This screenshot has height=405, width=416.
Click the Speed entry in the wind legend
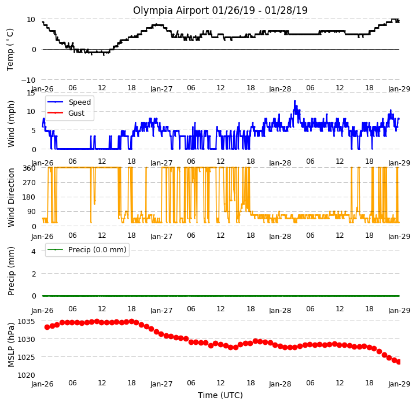click(69, 102)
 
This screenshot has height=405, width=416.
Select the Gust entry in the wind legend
click(66, 113)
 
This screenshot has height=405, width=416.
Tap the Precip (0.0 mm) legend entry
click(87, 250)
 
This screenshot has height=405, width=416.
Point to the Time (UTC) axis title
click(220, 395)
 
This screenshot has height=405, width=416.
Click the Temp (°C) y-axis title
click(10, 50)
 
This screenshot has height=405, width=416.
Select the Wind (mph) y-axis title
click(11, 124)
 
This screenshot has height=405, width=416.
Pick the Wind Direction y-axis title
click(11, 197)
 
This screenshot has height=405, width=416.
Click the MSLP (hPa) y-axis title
click(11, 345)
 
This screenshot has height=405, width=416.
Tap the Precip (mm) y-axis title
click(11, 271)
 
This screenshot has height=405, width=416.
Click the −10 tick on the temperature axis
click(28, 80)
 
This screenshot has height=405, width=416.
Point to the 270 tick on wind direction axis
click(30, 183)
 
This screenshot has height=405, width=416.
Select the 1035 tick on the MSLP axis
click(26, 322)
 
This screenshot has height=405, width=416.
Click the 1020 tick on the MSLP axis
click(26, 375)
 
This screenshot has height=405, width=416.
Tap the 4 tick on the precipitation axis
click(34, 251)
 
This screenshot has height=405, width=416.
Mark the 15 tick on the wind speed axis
click(31, 93)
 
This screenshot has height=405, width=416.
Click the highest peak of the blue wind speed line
click(294, 101)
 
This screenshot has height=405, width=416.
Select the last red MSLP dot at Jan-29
click(399, 362)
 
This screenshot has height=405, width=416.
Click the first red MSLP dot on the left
click(47, 327)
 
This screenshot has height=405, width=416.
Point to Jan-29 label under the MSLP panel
click(399, 384)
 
